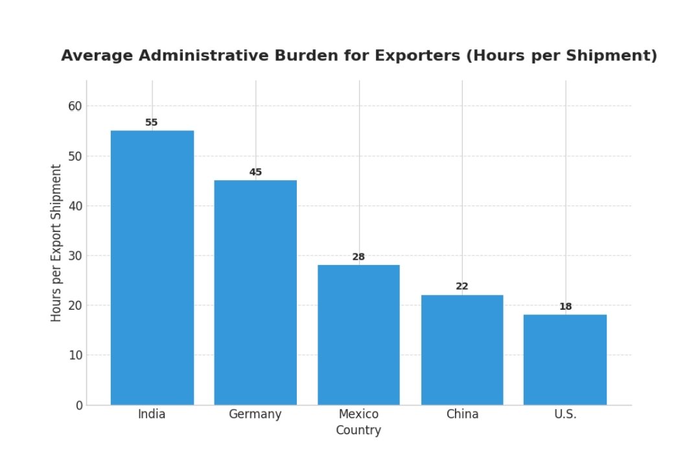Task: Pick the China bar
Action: tap(462, 350)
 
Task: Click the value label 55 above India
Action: tap(152, 122)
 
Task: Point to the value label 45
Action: tap(255, 172)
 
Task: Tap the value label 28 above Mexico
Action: tap(358, 257)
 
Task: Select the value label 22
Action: tap(462, 286)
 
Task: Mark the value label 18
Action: tap(565, 307)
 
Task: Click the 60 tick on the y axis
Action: tap(76, 106)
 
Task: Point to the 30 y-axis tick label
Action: tap(76, 255)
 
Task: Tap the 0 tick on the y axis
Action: tap(80, 405)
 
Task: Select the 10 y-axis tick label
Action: tap(76, 355)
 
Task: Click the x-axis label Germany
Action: tap(255, 414)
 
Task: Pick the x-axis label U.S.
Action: tap(565, 414)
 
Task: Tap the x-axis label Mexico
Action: tap(358, 414)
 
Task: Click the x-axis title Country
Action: tap(358, 430)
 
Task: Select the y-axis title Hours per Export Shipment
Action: tap(56, 242)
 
